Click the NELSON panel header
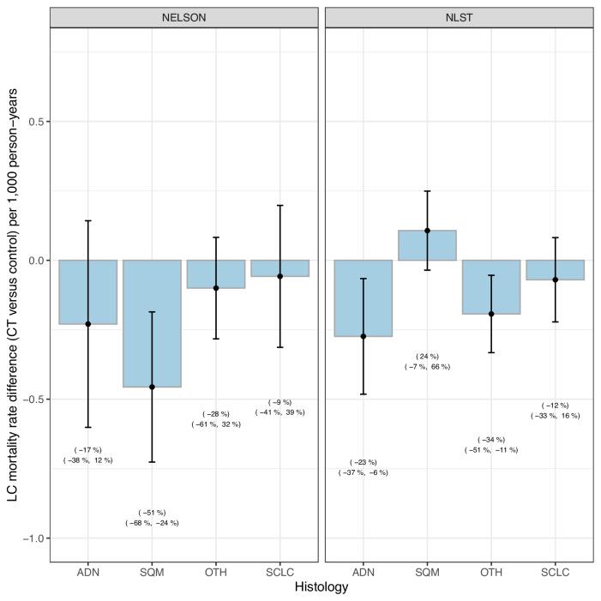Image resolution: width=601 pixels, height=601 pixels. (x=183, y=17)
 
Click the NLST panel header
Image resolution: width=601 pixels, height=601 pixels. (x=459, y=17)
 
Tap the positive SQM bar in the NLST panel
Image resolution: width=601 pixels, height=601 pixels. (x=427, y=245)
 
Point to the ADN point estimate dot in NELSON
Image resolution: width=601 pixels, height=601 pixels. (x=88, y=324)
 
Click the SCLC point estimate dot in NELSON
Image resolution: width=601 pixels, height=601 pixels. (x=279, y=276)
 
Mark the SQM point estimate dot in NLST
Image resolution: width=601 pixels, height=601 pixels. (x=427, y=231)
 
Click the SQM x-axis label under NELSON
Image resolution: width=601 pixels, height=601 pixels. (x=152, y=571)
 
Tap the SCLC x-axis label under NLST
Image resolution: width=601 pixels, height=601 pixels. (x=555, y=571)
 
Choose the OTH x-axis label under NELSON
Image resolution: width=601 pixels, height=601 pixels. (x=215, y=571)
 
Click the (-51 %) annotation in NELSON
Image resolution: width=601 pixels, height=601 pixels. (x=152, y=512)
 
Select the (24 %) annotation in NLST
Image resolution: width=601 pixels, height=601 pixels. (x=427, y=356)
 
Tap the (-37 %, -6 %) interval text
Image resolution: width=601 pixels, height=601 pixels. (x=364, y=472)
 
